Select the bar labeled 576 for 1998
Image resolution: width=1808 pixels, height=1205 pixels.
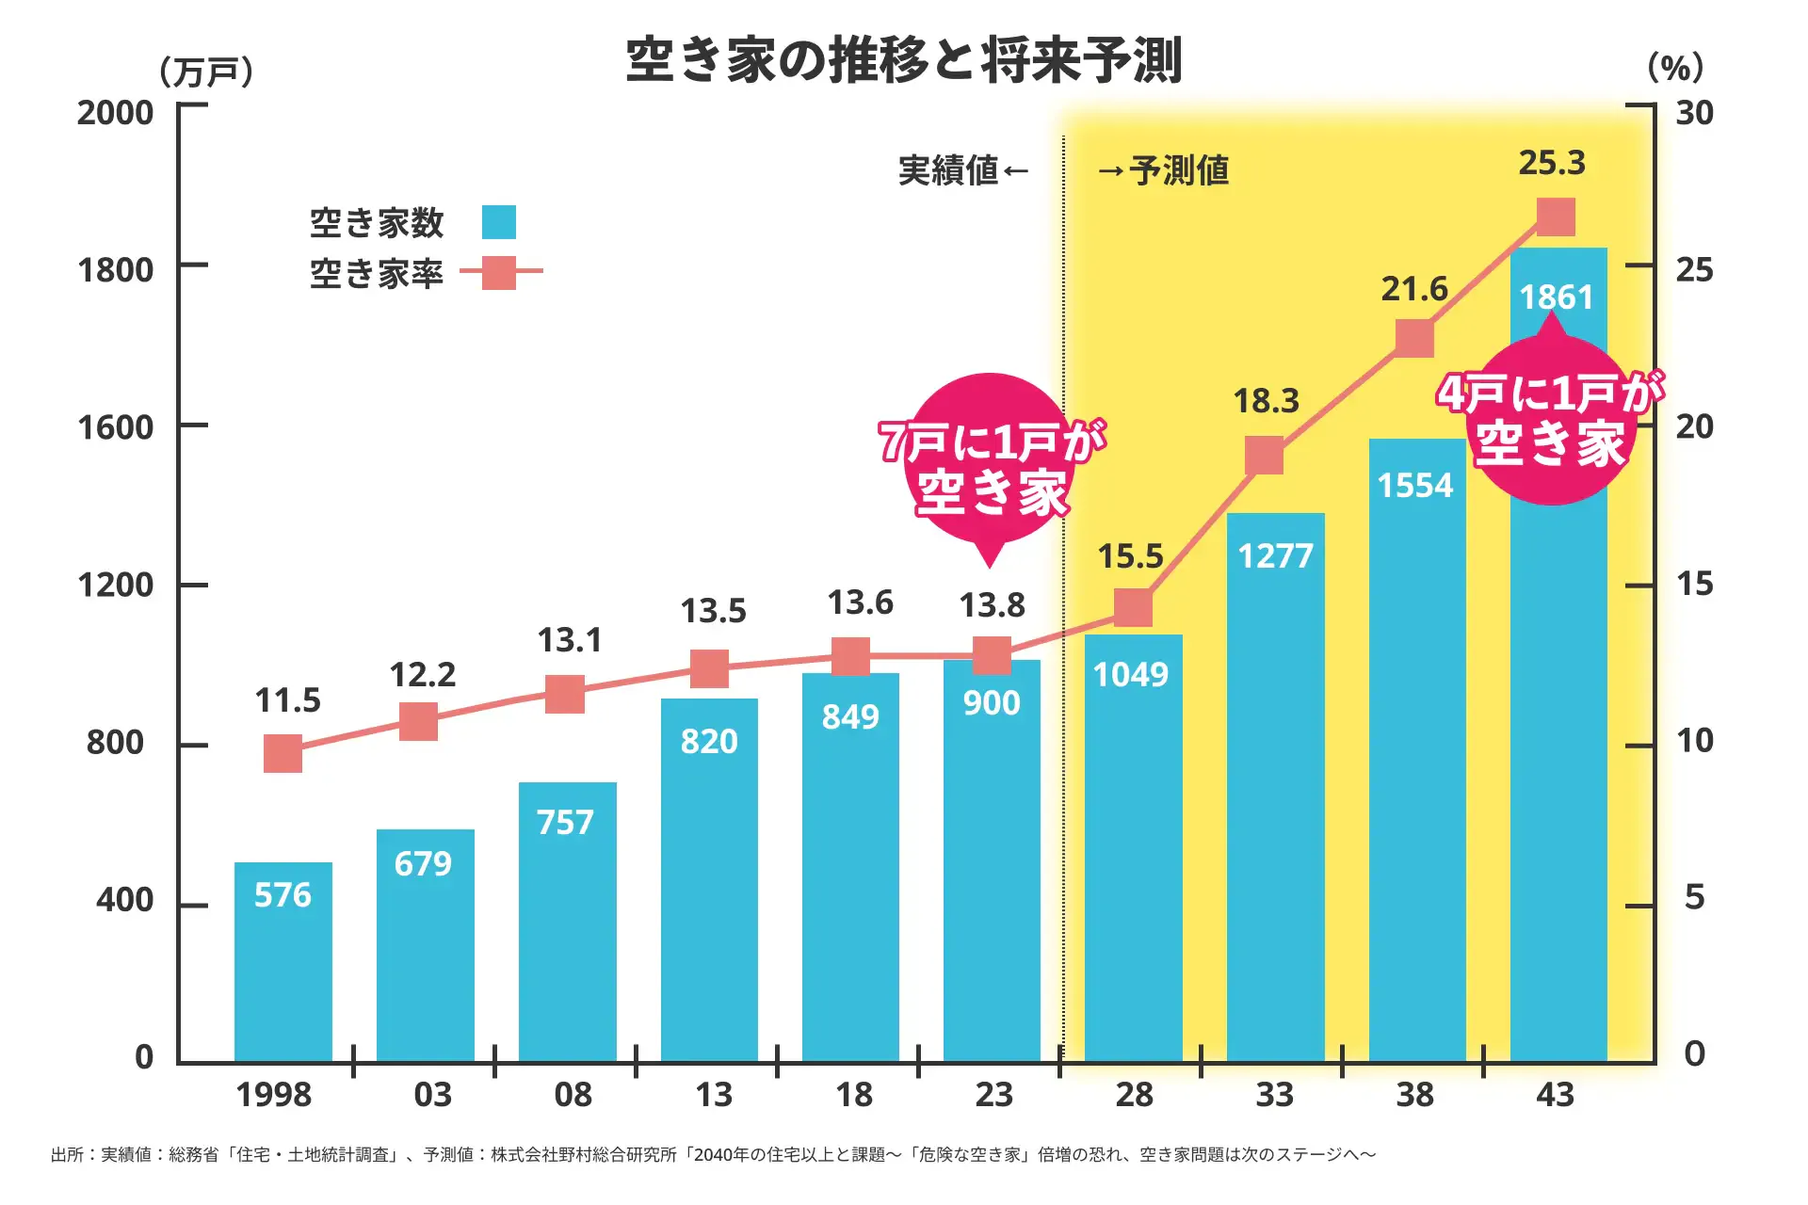[x=282, y=970]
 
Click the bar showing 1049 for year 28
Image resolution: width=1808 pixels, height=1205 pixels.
[x=1133, y=847]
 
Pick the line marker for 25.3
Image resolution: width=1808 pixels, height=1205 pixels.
[x=1556, y=217]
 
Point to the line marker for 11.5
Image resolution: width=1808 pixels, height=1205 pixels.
[x=282, y=753]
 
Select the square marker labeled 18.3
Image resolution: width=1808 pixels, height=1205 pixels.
[x=1264, y=456]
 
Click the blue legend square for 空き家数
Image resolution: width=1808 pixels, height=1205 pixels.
[x=499, y=222]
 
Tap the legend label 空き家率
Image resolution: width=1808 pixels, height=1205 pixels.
[x=377, y=273]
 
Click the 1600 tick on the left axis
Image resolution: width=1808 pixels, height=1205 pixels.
[x=115, y=427]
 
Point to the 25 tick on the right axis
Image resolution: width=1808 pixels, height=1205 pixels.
[x=1694, y=270]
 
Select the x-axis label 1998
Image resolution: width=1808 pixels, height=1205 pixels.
[x=273, y=1095]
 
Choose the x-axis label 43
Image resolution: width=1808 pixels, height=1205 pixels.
[x=1555, y=1095]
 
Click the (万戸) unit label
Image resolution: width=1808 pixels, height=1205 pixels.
[x=206, y=72]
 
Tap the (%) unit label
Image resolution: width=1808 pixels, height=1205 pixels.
[x=1675, y=68]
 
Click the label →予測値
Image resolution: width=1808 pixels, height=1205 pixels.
[x=1164, y=170]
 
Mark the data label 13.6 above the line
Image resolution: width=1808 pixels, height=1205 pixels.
[x=860, y=602]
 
